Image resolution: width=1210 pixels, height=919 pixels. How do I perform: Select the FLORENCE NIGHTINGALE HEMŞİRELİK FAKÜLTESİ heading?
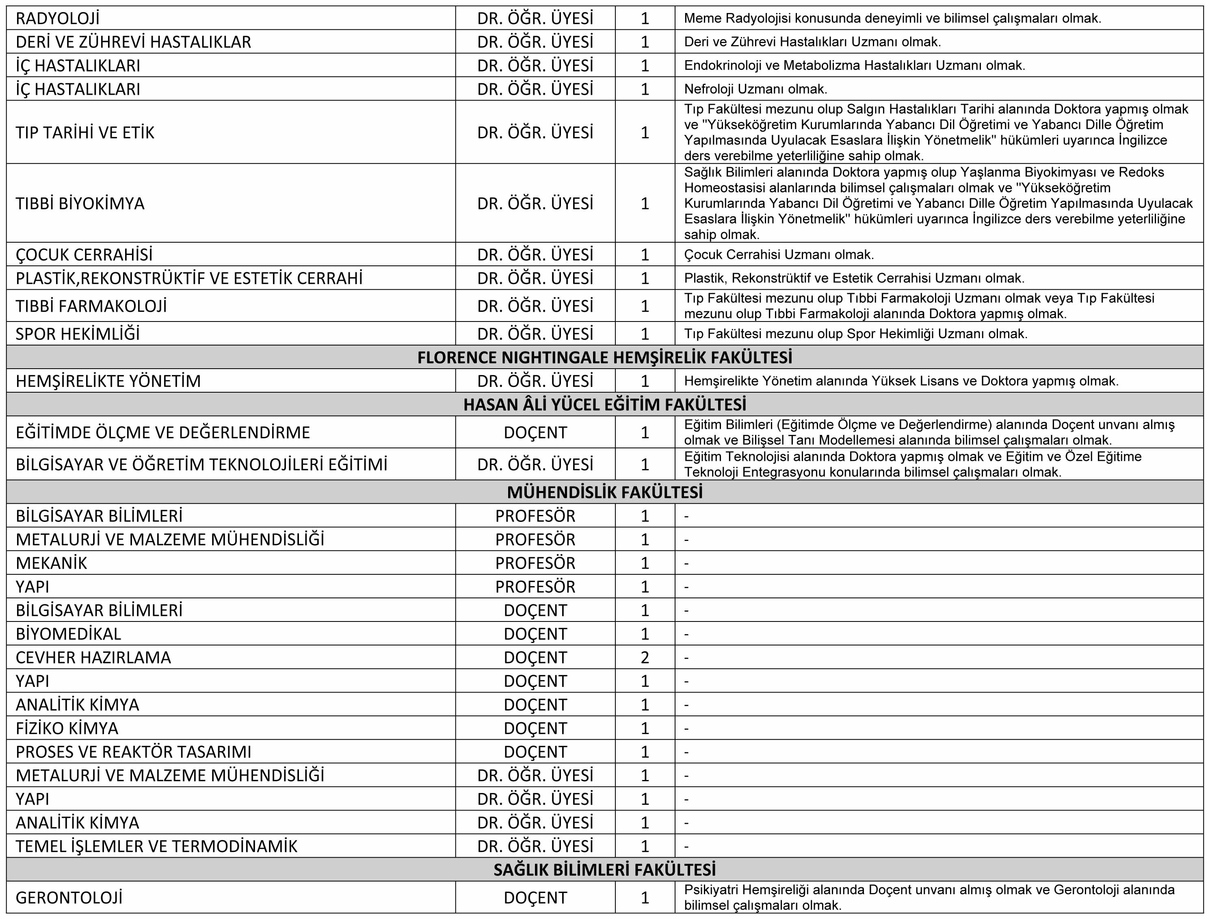point(604,357)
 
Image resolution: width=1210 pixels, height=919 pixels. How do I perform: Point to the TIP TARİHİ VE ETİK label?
point(85,133)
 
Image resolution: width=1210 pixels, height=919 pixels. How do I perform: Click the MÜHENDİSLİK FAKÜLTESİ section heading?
point(604,492)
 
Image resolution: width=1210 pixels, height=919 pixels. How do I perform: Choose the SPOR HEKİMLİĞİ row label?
point(78,334)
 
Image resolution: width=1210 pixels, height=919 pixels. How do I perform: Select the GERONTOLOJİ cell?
point(69,897)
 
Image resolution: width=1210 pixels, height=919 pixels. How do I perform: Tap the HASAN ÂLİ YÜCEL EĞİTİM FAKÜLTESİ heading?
point(604,404)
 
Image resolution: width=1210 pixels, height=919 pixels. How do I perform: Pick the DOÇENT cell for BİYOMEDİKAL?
point(535,634)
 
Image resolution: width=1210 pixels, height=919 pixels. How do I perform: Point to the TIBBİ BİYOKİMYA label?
point(80,204)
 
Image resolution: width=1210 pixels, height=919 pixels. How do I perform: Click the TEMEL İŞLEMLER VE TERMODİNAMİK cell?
point(156,846)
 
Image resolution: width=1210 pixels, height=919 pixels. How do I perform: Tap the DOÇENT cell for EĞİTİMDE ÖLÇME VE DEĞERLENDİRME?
point(535,432)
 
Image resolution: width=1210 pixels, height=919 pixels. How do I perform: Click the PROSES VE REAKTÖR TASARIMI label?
point(134,752)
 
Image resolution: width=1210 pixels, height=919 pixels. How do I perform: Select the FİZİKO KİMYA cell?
point(67,728)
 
